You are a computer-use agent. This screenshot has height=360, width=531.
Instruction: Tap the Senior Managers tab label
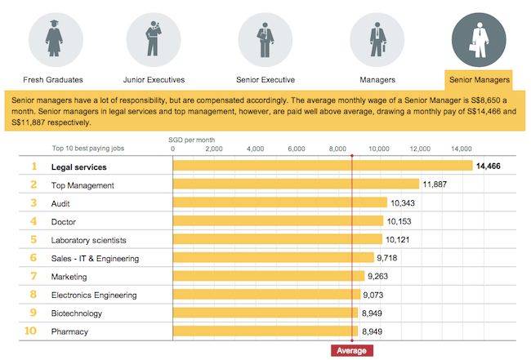479,80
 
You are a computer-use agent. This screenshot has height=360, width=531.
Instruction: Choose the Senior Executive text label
265,80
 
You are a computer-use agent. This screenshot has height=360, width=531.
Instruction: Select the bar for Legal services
323,167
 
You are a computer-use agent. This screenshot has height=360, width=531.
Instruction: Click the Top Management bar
296,184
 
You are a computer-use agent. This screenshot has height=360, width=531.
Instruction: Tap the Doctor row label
65,221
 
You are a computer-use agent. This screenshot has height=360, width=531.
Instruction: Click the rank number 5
34,240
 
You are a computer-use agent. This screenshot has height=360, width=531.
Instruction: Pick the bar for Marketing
269,277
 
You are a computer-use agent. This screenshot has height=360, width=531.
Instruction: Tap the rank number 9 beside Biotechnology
34,313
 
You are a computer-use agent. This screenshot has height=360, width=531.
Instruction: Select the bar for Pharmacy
265,331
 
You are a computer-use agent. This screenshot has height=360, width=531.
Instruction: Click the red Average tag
352,350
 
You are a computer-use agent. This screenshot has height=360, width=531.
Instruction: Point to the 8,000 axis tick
337,149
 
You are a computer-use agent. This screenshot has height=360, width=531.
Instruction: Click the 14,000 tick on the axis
461,149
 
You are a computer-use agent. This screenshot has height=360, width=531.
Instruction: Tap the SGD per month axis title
190,140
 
